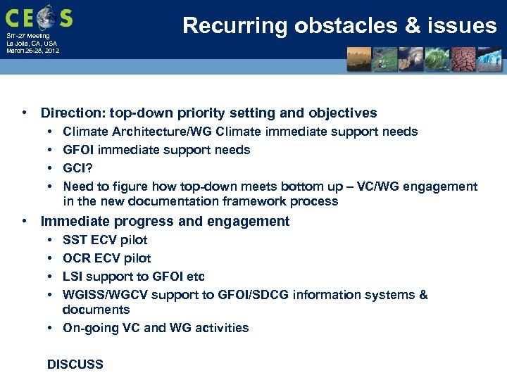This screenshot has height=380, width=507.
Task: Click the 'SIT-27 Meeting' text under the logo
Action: (x=28, y=36)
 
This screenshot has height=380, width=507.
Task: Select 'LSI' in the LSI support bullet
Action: (x=73, y=277)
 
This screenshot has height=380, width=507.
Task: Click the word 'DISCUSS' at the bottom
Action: (x=75, y=365)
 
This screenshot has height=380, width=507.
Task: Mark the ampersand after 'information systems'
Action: (x=423, y=295)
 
